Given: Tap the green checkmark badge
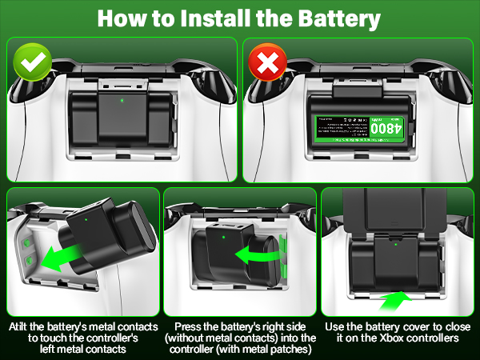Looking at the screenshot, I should tap(31, 61).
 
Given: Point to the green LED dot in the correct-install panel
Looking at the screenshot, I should tap(121, 101).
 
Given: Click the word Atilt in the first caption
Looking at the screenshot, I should tap(24, 327).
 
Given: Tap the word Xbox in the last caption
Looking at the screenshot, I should tap(394, 339).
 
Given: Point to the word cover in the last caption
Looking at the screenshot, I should tap(411, 327).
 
